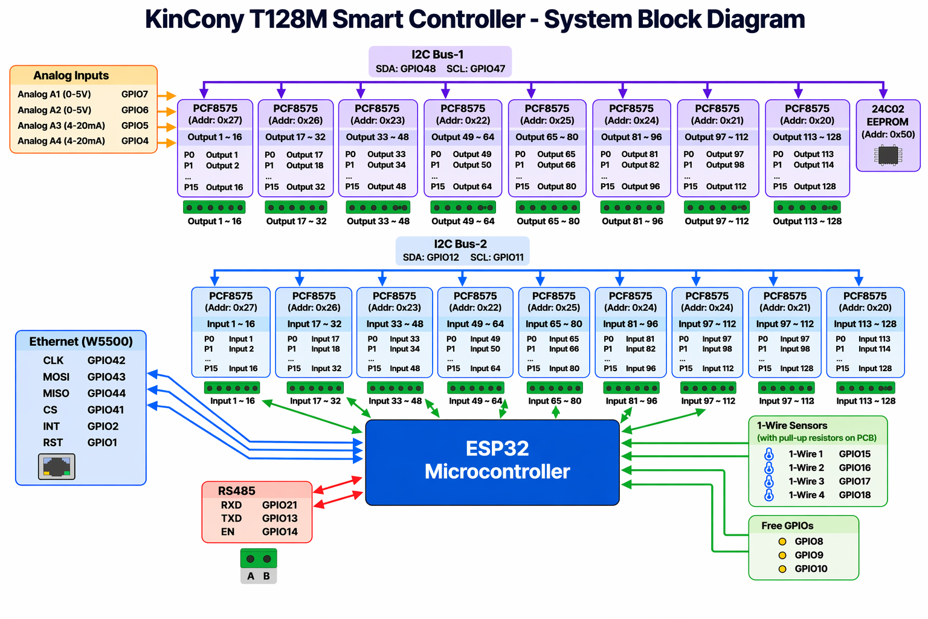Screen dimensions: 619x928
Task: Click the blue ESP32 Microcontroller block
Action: [492, 462]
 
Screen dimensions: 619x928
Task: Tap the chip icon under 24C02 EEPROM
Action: [888, 155]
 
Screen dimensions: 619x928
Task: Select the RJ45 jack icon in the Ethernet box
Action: [56, 467]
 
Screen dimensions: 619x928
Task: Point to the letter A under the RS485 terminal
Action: [251, 576]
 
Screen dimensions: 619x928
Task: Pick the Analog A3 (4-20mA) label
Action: [61, 126]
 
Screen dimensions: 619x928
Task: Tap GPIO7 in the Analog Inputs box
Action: [135, 94]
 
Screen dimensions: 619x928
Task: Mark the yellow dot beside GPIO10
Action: [782, 569]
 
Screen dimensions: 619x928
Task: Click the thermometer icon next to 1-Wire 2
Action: [768, 468]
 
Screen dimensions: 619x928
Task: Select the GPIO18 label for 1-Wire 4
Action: [854, 495]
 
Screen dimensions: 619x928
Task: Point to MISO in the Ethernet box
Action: [56, 394]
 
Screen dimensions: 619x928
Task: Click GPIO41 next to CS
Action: [106, 410]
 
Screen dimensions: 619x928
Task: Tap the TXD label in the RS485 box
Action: [231, 519]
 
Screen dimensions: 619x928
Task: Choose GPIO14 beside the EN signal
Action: [280, 532]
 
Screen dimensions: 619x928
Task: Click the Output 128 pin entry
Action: [814, 187]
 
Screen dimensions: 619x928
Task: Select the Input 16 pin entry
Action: [243, 369]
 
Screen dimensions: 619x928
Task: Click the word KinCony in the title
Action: [194, 19]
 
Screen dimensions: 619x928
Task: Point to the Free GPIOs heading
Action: [787, 526]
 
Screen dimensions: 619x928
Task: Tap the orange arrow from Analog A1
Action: [167, 96]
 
